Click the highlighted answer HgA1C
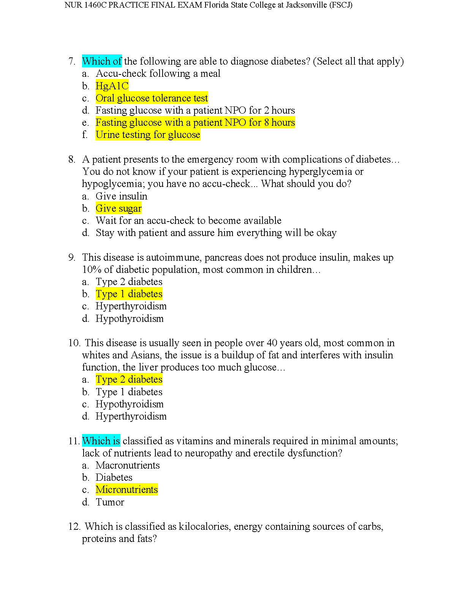112,86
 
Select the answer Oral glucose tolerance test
152,98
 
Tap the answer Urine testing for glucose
148,135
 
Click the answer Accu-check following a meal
158,73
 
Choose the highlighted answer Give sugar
119,208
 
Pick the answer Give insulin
121,196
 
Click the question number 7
71,61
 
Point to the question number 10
74,343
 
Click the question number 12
74,526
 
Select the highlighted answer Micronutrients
127,490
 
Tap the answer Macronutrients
128,465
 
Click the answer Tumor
110,502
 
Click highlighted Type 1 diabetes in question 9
129,294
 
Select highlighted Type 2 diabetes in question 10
129,379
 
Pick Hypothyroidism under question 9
130,318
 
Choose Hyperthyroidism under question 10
131,416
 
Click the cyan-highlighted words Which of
102,61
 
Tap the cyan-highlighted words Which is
101,441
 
